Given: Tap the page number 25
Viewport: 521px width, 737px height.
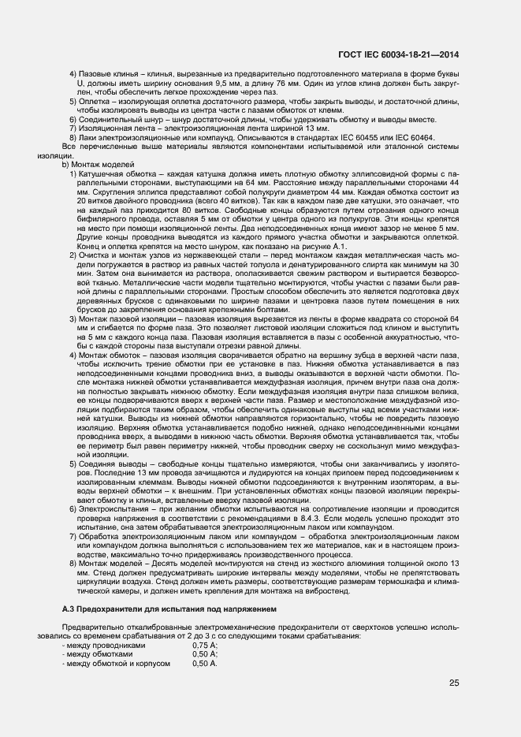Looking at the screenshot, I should [x=453, y=683].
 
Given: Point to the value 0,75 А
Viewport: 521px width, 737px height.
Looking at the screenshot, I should [x=205, y=644].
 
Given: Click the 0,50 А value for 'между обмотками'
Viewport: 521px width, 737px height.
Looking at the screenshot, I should [x=205, y=654].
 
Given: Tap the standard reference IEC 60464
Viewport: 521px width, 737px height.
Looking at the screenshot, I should [x=417, y=137].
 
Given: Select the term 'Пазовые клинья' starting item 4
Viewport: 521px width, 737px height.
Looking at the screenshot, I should [x=103, y=73].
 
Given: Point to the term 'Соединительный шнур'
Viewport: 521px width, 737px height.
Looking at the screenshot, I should [x=116, y=120].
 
